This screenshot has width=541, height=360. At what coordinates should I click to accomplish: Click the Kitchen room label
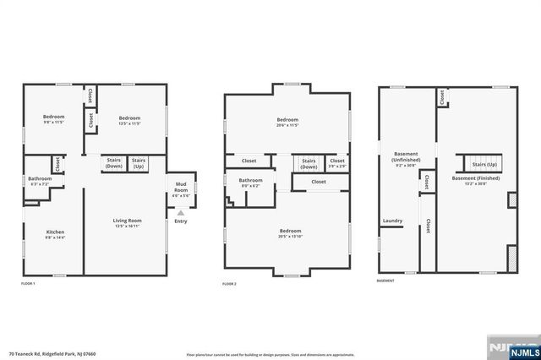click(56, 232)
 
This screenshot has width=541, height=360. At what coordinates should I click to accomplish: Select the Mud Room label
click(182, 186)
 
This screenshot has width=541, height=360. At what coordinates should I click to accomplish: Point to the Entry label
click(181, 221)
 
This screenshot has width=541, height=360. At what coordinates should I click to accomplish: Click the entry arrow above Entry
click(181, 213)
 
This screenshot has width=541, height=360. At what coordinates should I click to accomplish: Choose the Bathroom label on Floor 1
click(40, 178)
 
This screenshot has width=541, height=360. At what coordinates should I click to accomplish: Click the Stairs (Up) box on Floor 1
click(139, 163)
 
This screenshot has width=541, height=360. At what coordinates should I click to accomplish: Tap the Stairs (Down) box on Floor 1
click(114, 163)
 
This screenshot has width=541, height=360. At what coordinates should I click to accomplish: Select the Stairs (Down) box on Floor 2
click(309, 163)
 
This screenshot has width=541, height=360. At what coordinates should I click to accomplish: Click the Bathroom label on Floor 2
click(250, 180)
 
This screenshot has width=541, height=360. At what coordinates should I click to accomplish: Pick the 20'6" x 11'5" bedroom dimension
click(287, 125)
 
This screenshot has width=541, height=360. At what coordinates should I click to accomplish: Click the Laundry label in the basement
click(392, 221)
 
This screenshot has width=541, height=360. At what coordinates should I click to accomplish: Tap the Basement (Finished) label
click(475, 178)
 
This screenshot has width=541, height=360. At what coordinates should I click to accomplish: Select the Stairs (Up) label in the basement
click(484, 164)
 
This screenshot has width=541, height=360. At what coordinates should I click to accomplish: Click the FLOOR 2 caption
click(229, 284)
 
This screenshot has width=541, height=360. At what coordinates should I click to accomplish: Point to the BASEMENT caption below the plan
click(385, 281)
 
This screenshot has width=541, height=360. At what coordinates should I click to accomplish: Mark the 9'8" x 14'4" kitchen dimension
click(56, 237)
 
